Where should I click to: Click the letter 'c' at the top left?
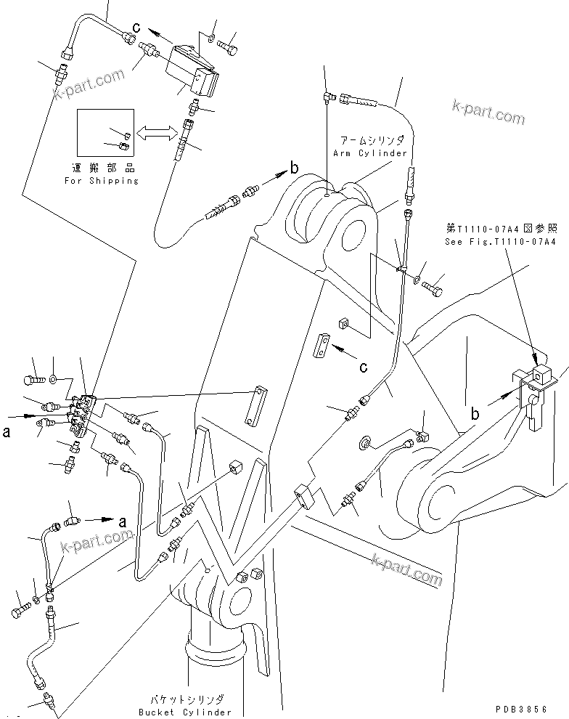pos(136,28)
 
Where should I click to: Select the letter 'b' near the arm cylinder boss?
pos(294,168)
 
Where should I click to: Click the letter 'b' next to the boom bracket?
pos(475,415)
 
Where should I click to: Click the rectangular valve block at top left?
pos(194,69)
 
